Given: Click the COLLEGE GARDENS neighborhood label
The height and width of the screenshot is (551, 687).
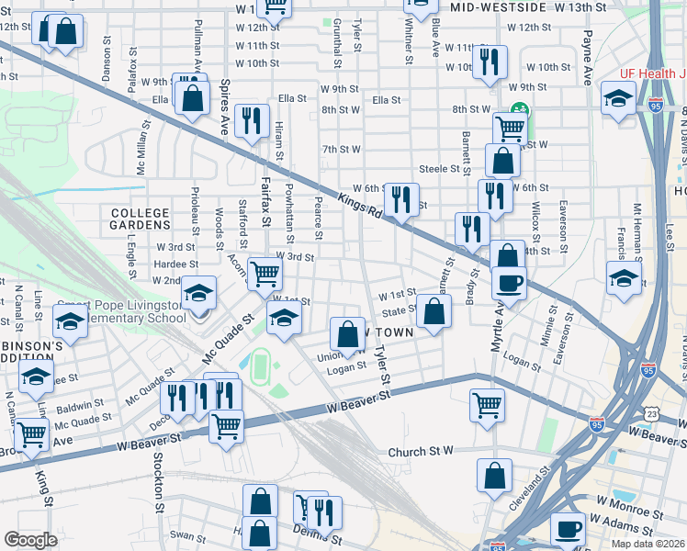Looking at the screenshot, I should pyautogui.click(x=141, y=218).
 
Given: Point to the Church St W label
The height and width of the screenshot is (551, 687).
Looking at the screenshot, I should pyautogui.click(x=421, y=451).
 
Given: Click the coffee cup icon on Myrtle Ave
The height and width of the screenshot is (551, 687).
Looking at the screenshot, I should pyautogui.click(x=508, y=283).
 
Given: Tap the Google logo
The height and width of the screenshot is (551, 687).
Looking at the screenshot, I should pyautogui.click(x=30, y=540).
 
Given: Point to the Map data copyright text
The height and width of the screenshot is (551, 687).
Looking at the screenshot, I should pyautogui.click(x=648, y=544).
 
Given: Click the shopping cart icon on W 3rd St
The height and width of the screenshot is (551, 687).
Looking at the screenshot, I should pyautogui.click(x=265, y=272).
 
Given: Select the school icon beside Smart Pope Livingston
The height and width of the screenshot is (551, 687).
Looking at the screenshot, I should pyautogui.click(x=198, y=293).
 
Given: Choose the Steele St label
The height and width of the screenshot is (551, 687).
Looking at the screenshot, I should pyautogui.click(x=438, y=168).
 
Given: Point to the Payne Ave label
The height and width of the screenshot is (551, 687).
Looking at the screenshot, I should pyautogui.click(x=587, y=58).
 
